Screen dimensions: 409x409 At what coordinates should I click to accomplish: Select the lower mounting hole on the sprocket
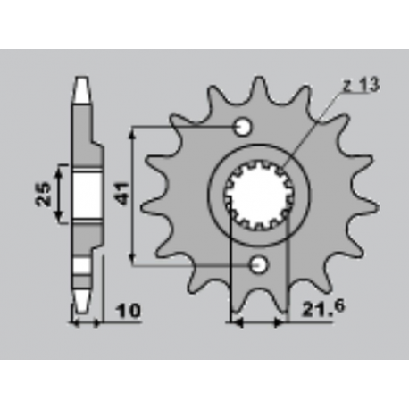coord(259,264)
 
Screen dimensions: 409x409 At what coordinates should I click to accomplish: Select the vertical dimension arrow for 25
coord(60,193)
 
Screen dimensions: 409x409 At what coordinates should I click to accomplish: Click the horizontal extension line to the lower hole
coord(192,264)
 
